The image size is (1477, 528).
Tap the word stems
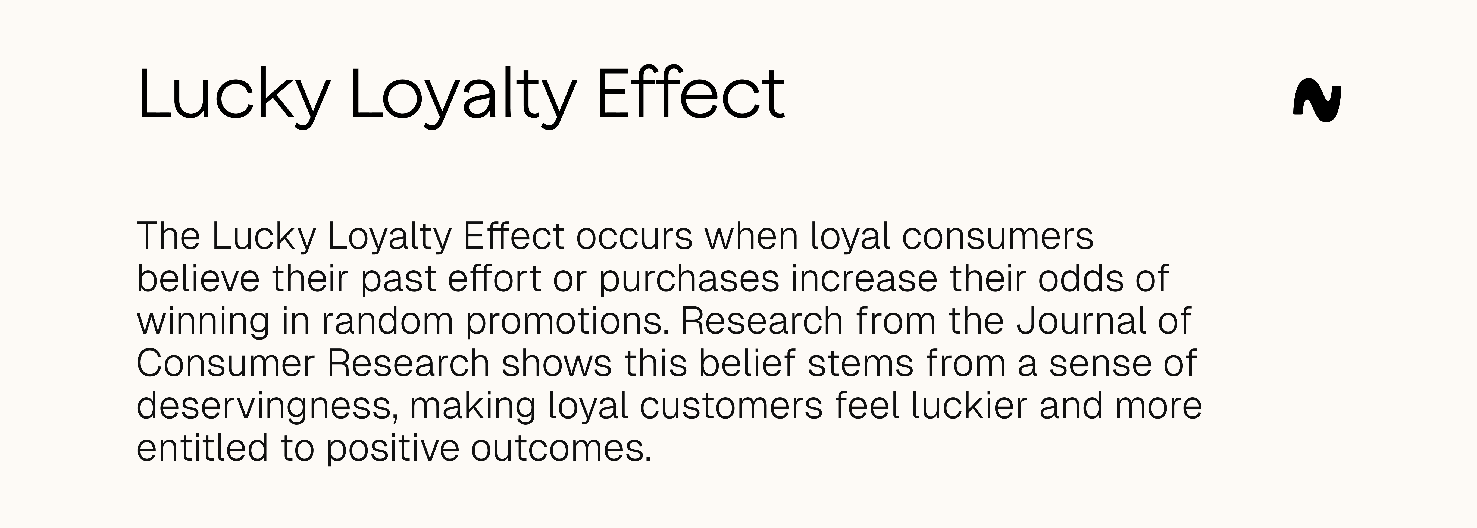coord(860,363)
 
